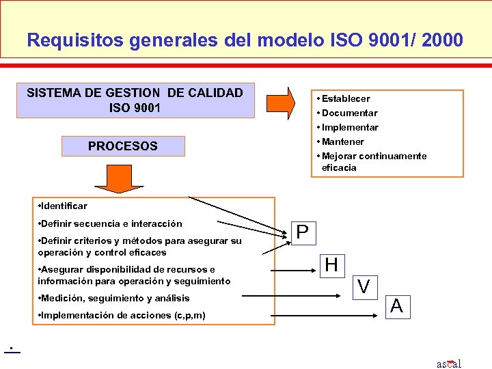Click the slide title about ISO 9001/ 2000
(x=245, y=40)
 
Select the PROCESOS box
(x=123, y=146)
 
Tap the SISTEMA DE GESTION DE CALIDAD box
(x=135, y=100)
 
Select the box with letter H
(x=332, y=264)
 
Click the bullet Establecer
(x=345, y=98)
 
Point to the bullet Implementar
(x=349, y=127)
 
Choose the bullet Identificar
(x=63, y=206)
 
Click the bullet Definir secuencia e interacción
(x=111, y=223)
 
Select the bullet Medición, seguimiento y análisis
(x=114, y=298)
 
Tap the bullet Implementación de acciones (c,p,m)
(x=122, y=315)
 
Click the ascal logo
(x=449, y=363)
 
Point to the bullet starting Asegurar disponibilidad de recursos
(x=134, y=275)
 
